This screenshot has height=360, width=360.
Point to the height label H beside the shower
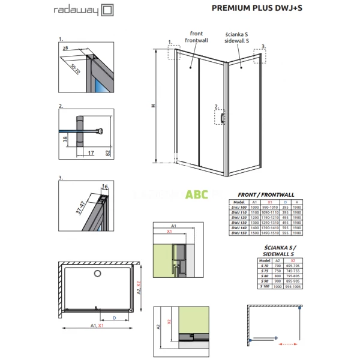pyautogui.click(x=153, y=106)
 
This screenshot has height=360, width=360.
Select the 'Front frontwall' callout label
pyautogui.click(x=196, y=37)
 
